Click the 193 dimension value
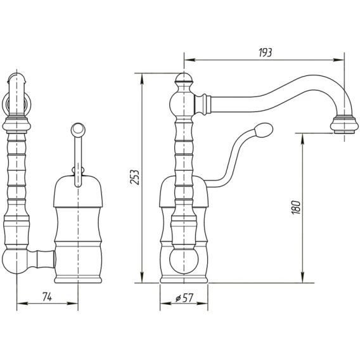point(265,53)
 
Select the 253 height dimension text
point(135,177)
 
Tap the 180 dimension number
point(296,207)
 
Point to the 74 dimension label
point(48,297)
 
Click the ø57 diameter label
point(184,298)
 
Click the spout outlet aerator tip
point(344,125)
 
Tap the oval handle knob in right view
point(263,130)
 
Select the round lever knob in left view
point(78,130)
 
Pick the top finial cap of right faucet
point(184,78)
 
